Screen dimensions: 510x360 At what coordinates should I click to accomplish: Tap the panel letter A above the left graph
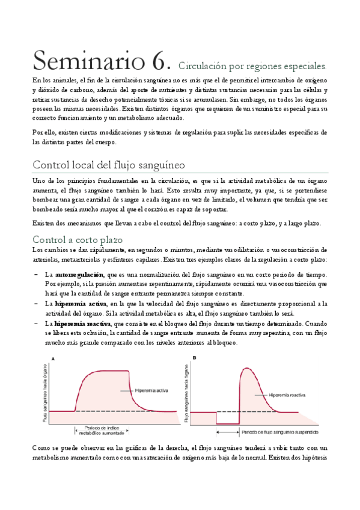click(53, 359)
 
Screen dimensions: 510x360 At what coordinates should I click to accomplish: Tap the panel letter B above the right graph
click(194, 359)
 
